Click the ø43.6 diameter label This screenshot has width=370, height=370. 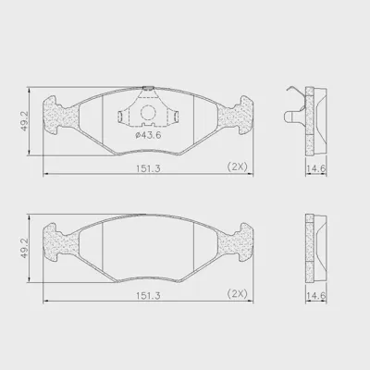(148, 135)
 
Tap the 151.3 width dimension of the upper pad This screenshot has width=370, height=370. (148, 168)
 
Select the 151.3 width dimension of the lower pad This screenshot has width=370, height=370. (148, 296)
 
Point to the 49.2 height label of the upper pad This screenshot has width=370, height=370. (24, 121)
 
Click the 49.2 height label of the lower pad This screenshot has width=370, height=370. (24, 248)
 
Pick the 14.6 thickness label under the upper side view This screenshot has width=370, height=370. (316, 168)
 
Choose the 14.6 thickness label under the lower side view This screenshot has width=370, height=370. (316, 296)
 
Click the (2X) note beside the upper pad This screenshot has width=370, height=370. (238, 166)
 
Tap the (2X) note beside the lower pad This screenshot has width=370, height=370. (238, 294)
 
